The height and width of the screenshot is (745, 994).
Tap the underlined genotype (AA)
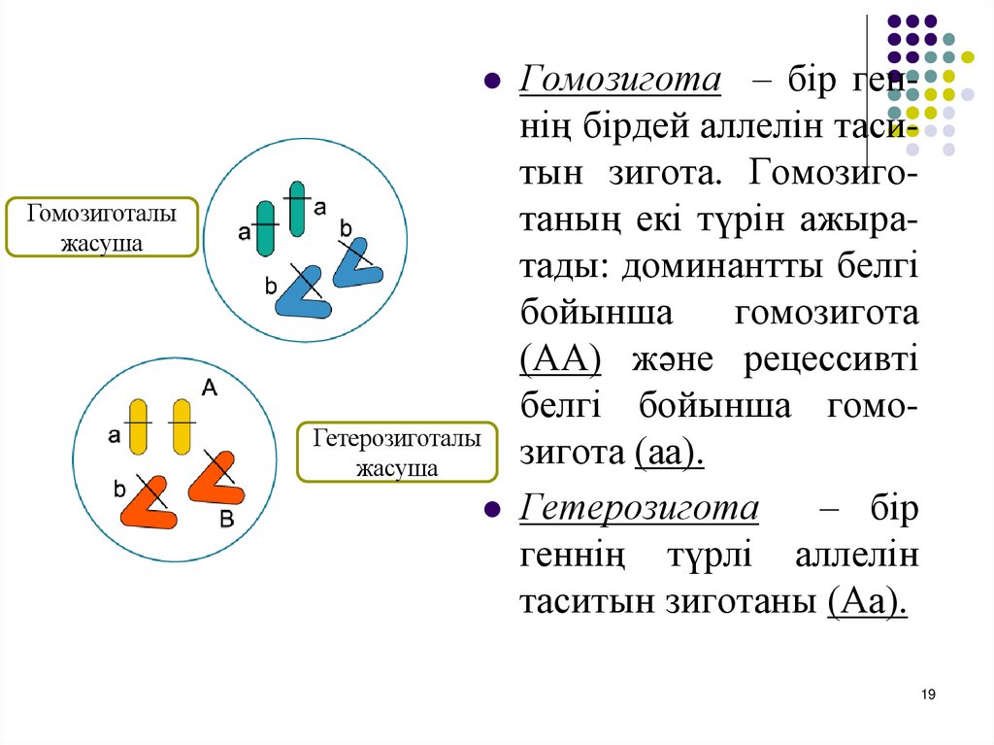[x=560, y=359]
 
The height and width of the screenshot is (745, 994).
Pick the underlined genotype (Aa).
[x=868, y=602]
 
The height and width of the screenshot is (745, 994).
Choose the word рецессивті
[x=830, y=359]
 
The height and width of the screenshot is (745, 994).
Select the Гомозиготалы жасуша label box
[x=102, y=227]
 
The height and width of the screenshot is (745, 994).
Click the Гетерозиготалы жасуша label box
[x=396, y=453]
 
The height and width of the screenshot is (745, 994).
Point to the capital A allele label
[x=209, y=388]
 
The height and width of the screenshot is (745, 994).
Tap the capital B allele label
[x=226, y=520]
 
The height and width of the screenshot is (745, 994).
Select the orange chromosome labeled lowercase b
[x=149, y=501]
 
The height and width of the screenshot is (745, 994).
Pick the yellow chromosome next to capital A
[x=182, y=425]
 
